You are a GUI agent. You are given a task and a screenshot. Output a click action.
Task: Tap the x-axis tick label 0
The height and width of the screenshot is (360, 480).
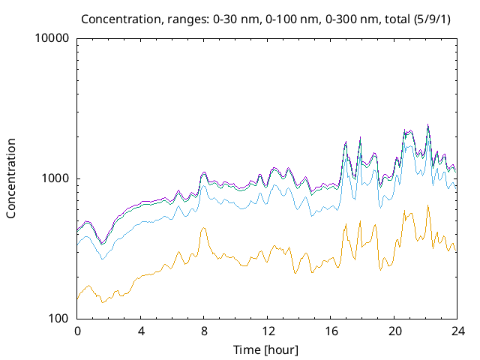77,331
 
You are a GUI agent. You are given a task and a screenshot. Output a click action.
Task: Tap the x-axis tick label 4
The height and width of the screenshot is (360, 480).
141,331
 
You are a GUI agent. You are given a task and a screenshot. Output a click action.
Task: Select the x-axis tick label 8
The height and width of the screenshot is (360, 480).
204,331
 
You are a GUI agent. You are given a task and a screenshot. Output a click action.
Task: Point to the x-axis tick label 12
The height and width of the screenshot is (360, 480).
268,331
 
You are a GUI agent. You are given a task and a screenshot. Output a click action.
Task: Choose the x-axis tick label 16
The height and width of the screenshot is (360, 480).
331,331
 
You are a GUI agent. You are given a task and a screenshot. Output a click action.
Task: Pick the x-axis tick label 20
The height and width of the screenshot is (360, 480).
394,331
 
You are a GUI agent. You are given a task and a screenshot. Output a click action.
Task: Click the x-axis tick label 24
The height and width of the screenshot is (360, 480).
457,331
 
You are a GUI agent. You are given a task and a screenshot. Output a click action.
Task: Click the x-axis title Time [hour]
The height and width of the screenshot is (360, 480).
267,349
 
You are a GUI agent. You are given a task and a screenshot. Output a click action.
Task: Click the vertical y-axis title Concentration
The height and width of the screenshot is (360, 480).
11,178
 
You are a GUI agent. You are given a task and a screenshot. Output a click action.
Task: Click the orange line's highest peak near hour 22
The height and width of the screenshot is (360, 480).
428,205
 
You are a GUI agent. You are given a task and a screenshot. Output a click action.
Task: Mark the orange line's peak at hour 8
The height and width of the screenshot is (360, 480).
203,228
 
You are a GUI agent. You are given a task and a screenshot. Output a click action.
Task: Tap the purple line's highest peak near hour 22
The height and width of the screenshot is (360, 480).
428,124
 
